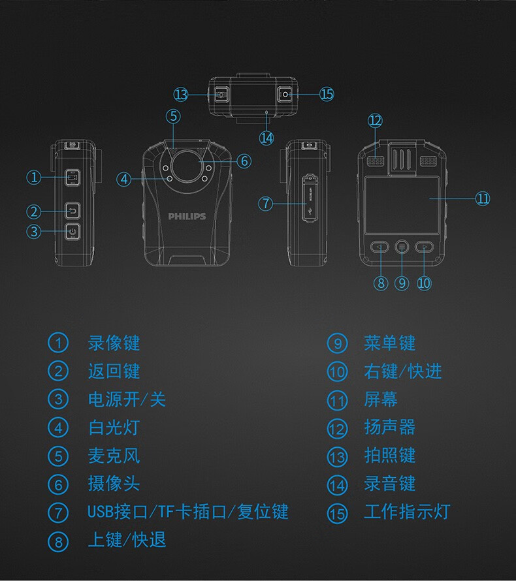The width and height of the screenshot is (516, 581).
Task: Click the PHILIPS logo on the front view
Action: (x=187, y=216)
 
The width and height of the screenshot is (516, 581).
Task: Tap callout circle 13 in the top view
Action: (x=181, y=95)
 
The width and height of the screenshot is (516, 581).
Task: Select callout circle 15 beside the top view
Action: (x=327, y=94)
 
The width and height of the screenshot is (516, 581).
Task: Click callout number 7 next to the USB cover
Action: (x=265, y=203)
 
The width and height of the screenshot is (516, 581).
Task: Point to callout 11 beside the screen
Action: (x=482, y=198)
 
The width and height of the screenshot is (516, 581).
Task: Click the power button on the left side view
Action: (x=72, y=231)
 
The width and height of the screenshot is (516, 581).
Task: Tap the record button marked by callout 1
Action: (x=72, y=177)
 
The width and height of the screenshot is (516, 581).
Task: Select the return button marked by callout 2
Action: (x=72, y=210)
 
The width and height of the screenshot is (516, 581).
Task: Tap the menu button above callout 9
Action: (x=402, y=247)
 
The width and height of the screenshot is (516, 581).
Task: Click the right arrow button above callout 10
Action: (x=425, y=247)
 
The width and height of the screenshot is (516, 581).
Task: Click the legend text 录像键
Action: (x=114, y=343)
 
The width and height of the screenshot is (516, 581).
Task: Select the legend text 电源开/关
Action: (x=127, y=399)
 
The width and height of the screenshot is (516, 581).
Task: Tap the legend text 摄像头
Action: (x=114, y=484)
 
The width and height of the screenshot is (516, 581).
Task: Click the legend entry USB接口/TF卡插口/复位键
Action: (x=188, y=512)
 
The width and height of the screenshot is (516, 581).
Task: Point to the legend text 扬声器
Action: (x=389, y=428)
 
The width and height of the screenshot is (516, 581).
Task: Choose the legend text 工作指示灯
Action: (x=406, y=512)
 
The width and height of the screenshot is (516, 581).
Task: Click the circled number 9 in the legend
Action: (x=336, y=343)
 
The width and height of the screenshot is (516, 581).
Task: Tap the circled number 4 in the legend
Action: (x=58, y=428)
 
